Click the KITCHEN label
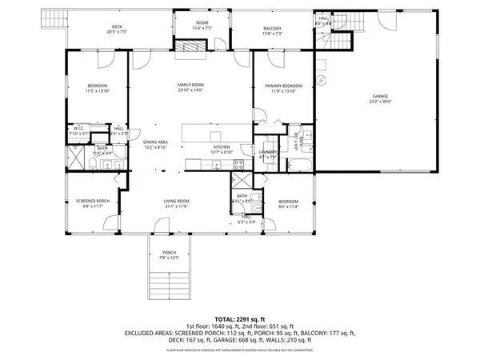(x=222, y=146)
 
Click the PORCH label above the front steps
(x=170, y=252)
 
